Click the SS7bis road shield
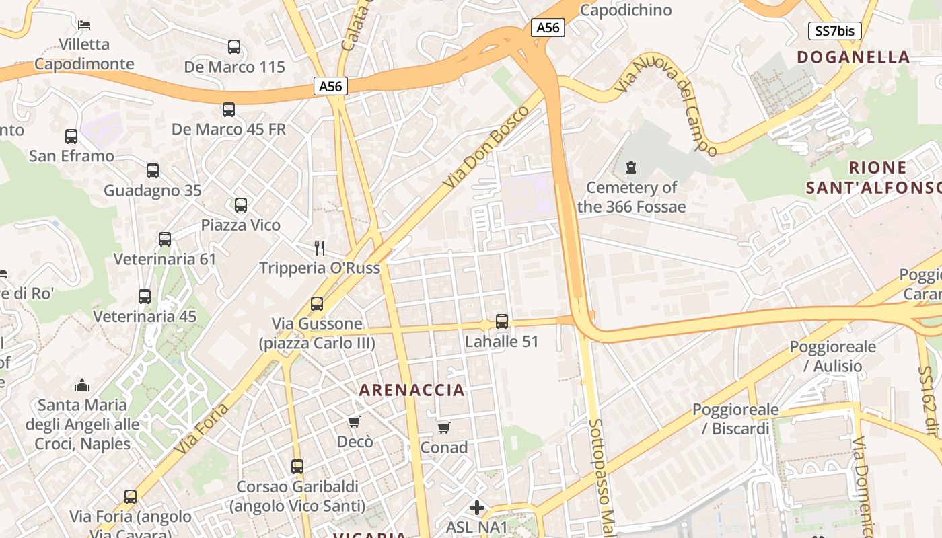pos(834,30)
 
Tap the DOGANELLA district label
pos(853,57)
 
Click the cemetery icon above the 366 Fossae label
pos(631,167)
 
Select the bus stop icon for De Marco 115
pos(234,47)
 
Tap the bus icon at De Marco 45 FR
pos(229,109)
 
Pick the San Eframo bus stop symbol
pos(71,137)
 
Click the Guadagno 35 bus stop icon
pos(153,171)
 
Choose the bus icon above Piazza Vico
pos(241,205)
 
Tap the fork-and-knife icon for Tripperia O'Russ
pos(320,248)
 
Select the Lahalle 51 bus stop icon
pos(502,321)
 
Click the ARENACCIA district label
pos(412,390)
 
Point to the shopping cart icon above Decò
pos(355,422)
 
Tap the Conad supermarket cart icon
pos(444,428)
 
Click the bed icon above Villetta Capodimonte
pos(84,25)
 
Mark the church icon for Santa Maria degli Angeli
pos(82,385)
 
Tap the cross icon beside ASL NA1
pos(477,507)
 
